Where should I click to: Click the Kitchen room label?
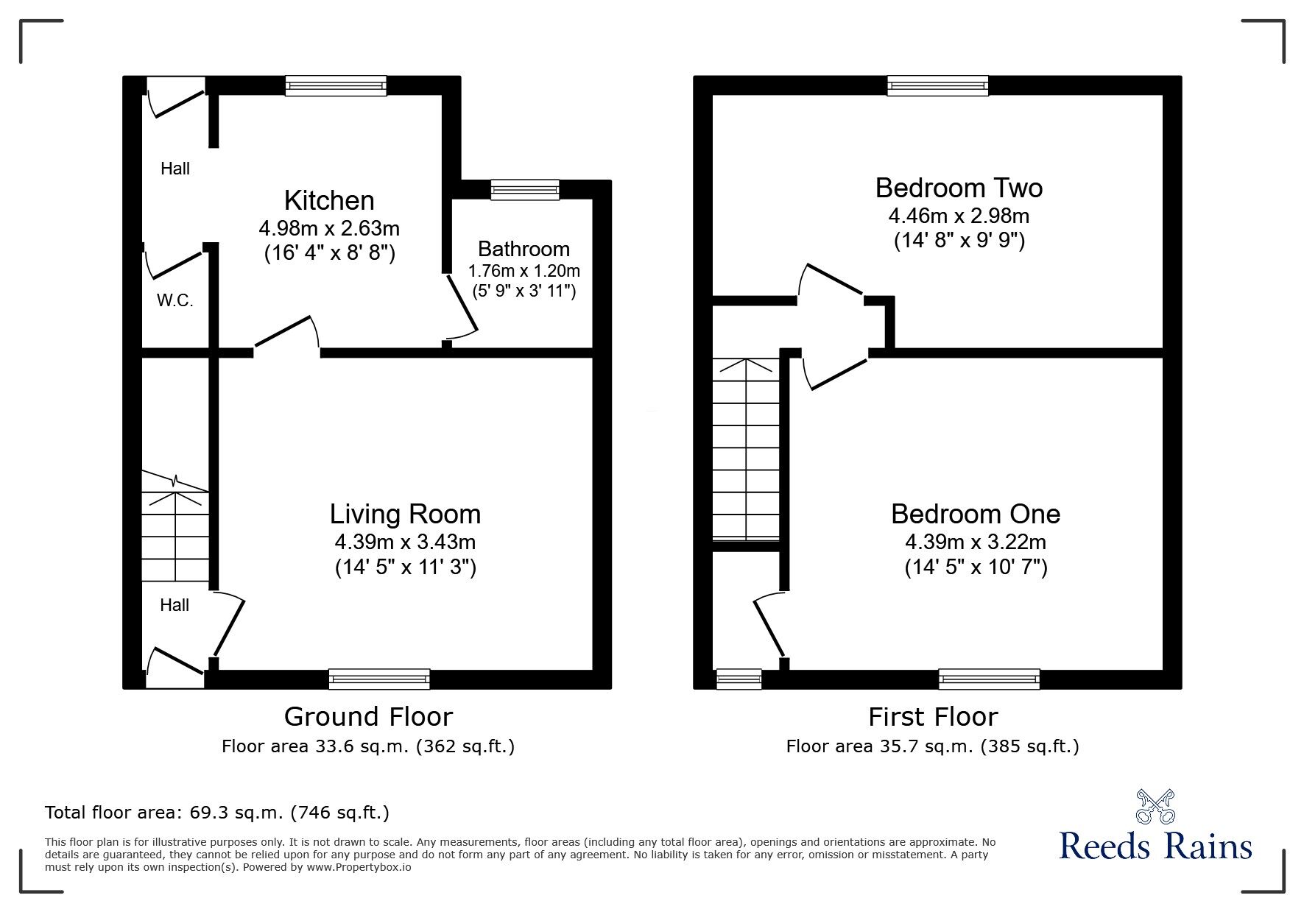click(x=329, y=200)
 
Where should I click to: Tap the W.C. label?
click(x=175, y=300)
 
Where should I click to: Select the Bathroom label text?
click(x=524, y=249)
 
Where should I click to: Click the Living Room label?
click(x=405, y=514)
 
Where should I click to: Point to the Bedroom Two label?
click(x=959, y=188)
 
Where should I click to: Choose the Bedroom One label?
click(x=976, y=514)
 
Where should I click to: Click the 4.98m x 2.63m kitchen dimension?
click(x=329, y=227)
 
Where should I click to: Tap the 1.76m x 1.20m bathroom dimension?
click(x=524, y=271)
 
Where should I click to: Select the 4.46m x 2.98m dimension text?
click(x=959, y=216)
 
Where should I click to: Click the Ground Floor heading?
click(x=368, y=716)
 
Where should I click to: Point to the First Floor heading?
click(x=933, y=716)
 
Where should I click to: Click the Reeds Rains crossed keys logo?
click(x=1156, y=807)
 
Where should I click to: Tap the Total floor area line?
click(x=217, y=813)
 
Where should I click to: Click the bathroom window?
click(x=525, y=190)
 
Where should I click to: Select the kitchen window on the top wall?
click(x=336, y=86)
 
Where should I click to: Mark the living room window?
click(x=379, y=679)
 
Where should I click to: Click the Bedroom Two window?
click(x=937, y=86)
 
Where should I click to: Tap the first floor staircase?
click(x=746, y=449)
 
